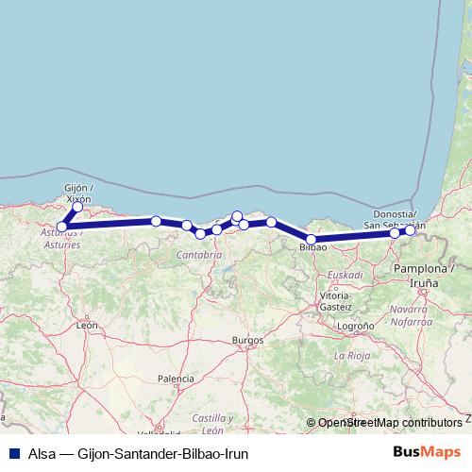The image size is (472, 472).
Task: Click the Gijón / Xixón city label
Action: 76,194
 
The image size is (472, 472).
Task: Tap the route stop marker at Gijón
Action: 77,207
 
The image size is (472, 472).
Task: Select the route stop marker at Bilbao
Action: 312,240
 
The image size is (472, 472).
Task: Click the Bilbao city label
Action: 312,248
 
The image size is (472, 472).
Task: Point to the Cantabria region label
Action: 198,255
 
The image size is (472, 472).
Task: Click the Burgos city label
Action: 246,339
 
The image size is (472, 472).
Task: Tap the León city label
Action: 88,325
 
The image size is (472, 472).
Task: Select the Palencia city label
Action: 176,379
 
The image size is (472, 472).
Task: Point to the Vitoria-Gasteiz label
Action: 335,301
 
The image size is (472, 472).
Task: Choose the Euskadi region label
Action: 345,275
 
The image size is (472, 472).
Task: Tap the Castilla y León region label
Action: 212,423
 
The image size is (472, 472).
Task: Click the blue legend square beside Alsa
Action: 13,453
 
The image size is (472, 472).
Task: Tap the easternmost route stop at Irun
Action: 410,230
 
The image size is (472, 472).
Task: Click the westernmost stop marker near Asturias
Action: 62,227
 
